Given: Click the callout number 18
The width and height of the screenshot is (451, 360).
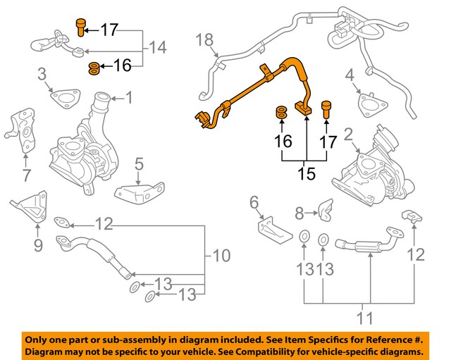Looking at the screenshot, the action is pos(205,39).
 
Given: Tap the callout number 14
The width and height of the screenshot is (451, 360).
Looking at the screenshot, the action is pos(158,47).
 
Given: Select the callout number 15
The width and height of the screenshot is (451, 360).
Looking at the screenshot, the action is pos(307,174).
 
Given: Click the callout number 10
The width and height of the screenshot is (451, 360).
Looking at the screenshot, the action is pos(221,255).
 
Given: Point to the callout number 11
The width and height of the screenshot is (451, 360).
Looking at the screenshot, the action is pos(365,318).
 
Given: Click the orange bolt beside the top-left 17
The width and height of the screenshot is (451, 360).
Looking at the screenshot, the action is pos(81,27).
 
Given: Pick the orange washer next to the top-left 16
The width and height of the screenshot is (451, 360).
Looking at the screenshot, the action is pos(94,68).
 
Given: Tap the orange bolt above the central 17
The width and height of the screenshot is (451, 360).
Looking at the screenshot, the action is pos(326,109).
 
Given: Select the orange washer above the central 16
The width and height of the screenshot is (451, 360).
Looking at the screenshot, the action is pos(282,112).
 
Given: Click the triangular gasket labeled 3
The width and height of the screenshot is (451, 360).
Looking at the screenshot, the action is pos(66,98).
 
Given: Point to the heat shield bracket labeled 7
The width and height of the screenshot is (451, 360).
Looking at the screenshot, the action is pos(20,130).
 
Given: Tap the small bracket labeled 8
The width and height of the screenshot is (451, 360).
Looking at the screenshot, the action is pos(326,210).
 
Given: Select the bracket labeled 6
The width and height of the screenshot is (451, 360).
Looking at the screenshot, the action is pos(275,230).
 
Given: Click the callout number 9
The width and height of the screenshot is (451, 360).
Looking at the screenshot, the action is pos(38,245).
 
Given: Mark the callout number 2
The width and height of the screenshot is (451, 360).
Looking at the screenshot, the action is pos(348,135).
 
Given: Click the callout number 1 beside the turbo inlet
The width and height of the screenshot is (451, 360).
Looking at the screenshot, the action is pos(130,98).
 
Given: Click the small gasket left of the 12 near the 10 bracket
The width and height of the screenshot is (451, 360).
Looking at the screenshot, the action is pos(62,222).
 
